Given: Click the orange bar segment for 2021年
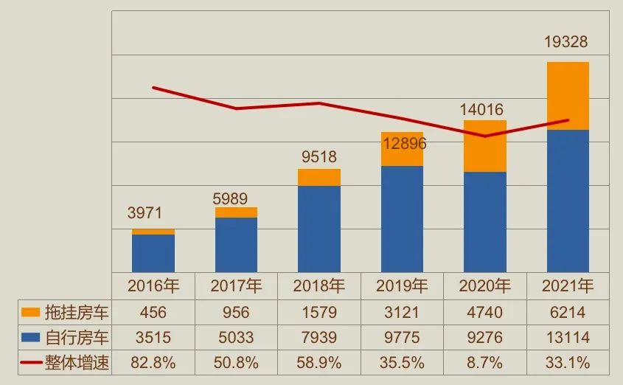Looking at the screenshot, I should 567,96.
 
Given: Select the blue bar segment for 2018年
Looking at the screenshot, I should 319,229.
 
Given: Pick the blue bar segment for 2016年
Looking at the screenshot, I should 153,253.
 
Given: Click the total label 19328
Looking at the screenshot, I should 566,42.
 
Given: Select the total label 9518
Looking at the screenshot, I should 319,156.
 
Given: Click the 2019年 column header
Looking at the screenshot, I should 402,285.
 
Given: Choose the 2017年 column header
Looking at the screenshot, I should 236,285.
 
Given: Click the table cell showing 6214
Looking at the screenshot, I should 567,313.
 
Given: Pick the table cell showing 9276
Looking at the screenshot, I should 484,338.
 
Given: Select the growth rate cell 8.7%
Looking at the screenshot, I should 484,363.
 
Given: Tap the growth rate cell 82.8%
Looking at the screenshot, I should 153,363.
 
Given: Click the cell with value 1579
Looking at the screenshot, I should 319,313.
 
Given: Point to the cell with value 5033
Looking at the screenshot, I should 236,338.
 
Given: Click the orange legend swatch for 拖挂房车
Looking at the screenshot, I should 30,313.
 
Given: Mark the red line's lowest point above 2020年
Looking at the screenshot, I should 484,136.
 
